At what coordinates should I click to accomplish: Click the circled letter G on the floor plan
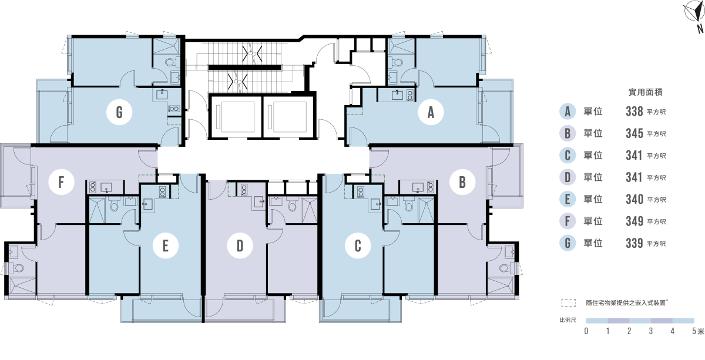119,113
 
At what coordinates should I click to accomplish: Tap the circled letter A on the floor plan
431,113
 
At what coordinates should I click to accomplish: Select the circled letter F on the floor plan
61,183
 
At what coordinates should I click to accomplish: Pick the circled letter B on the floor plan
462,183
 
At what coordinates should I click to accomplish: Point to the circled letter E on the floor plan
166,246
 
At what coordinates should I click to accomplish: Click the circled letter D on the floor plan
240,246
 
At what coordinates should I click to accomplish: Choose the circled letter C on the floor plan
357,246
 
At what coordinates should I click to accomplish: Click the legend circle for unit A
567,112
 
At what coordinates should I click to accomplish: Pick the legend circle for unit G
567,243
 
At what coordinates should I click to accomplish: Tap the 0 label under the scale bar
586,332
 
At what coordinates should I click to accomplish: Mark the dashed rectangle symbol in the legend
568,304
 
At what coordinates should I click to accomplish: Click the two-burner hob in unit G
174,109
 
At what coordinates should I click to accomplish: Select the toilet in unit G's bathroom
170,62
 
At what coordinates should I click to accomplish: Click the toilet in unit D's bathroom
292,205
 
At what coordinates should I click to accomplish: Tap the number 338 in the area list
634,112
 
